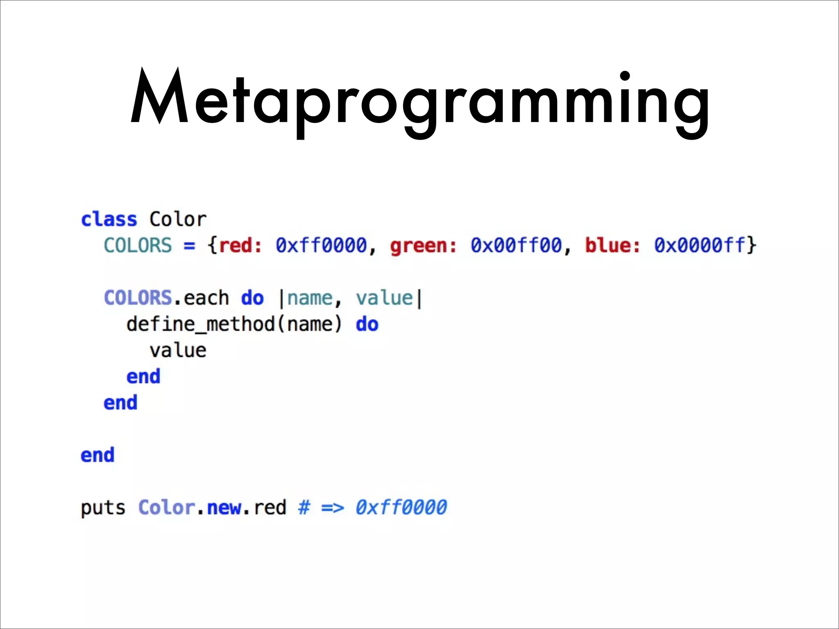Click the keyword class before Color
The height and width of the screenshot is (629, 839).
[x=109, y=219]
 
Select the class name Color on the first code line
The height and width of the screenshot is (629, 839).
[x=178, y=219]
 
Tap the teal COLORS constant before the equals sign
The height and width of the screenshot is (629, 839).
[x=138, y=246]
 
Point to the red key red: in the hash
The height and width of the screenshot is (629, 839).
[x=240, y=246]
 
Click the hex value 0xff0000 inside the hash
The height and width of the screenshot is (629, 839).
[x=321, y=246]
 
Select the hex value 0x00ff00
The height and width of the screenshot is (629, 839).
[x=516, y=246]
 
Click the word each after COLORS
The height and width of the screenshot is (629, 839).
[x=206, y=298]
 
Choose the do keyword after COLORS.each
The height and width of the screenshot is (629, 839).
[x=252, y=298]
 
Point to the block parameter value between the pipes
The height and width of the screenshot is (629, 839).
[x=384, y=298]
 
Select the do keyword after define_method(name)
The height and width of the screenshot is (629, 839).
[x=367, y=324]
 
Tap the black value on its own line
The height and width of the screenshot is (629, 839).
[x=178, y=351]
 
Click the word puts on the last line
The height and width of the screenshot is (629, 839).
[x=103, y=508]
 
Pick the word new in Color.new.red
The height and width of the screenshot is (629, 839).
[x=224, y=508]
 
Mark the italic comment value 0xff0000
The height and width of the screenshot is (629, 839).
[x=401, y=508]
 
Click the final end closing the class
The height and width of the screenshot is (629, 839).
[x=98, y=455]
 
